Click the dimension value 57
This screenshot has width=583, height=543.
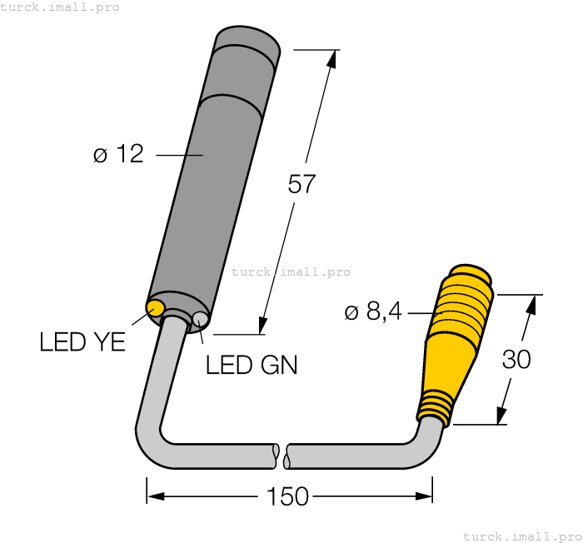[x=301, y=184]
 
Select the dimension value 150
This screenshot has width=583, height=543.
[x=287, y=497]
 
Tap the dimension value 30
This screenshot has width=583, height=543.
[x=516, y=360]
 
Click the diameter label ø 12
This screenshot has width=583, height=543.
[x=118, y=154]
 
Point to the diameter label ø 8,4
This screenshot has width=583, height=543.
[x=373, y=312]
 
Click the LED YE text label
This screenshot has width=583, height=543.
[x=82, y=341]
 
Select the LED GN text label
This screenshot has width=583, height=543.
[x=252, y=365]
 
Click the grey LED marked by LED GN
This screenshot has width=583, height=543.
[x=200, y=319]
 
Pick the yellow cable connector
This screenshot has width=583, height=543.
[x=454, y=341]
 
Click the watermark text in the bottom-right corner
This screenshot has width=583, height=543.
[x=522, y=536]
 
